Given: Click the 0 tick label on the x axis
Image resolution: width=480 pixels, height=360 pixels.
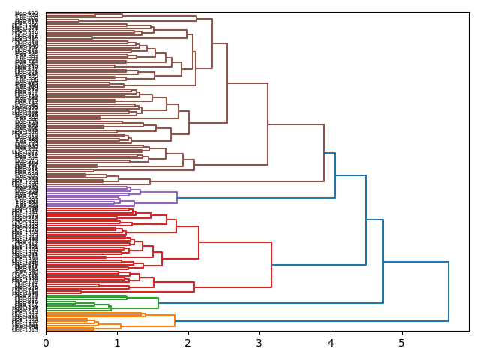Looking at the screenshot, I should coord(46,343).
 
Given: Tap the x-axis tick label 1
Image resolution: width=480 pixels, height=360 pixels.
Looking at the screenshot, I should coord(117,343).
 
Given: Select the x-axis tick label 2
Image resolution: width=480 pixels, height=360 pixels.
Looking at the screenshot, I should coord(188,343).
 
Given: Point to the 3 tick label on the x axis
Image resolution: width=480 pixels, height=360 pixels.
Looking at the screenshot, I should coord(259,343).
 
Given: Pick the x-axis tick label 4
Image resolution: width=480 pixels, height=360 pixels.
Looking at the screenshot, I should coord(331,343).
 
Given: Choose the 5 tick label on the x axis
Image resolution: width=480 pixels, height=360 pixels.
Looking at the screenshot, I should coord(402,343).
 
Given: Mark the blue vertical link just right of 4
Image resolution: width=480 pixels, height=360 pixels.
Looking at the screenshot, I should coord(335,175).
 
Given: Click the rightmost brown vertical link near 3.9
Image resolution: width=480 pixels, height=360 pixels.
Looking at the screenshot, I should coord(324,153).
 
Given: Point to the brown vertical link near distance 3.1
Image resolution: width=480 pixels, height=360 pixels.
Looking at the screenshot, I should coord(268,124).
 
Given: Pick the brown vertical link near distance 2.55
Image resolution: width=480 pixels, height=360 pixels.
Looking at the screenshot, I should coord(227,83).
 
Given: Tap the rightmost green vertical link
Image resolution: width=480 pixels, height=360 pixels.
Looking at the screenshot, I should coord(158,303).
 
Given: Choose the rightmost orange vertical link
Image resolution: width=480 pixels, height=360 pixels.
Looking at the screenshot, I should coord(175,320).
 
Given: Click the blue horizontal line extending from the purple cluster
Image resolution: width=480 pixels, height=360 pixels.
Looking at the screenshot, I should coord(256,198).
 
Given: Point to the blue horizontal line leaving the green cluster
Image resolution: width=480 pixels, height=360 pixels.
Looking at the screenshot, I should coord(270,303).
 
